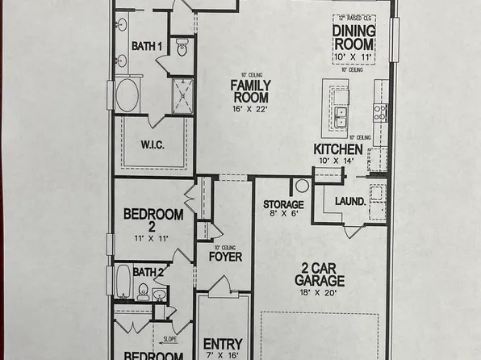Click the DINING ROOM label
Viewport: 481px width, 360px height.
tap(353, 36)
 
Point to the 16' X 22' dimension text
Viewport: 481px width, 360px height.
tap(251, 109)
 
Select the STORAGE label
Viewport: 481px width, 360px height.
tap(283, 205)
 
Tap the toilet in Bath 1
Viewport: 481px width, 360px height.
tap(181, 50)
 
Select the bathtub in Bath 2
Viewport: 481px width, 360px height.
tap(123, 283)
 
